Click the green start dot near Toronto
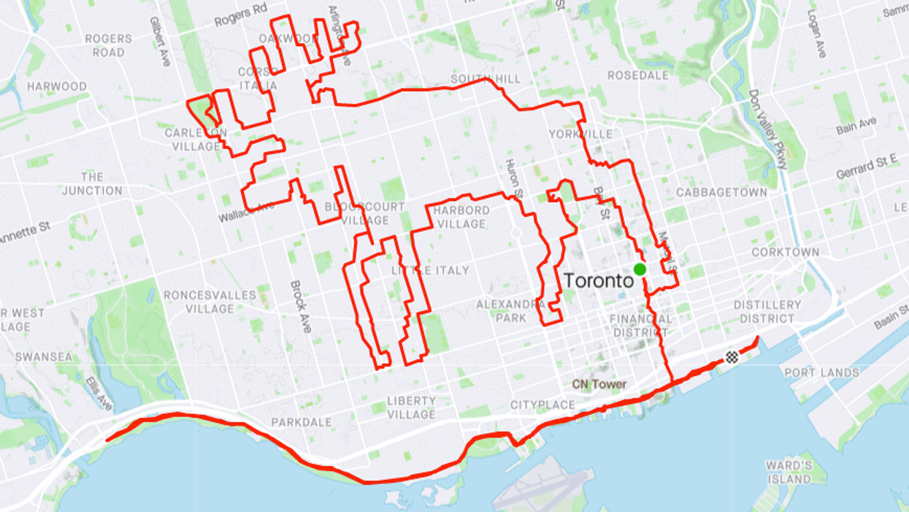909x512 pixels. click(640, 270)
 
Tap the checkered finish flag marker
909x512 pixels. click(731, 357)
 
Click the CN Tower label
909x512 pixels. click(599, 384)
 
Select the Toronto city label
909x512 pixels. click(598, 280)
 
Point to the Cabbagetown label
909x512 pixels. click(721, 192)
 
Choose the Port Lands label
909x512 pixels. click(821, 372)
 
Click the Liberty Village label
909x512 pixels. click(411, 408)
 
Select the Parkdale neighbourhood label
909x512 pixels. click(302, 422)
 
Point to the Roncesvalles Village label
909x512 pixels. click(210, 302)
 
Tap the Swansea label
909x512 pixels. click(44, 357)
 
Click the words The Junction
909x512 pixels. click(92, 184)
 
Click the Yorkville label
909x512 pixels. click(581, 134)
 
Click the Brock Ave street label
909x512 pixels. click(301, 307)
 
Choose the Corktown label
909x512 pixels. click(786, 252)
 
